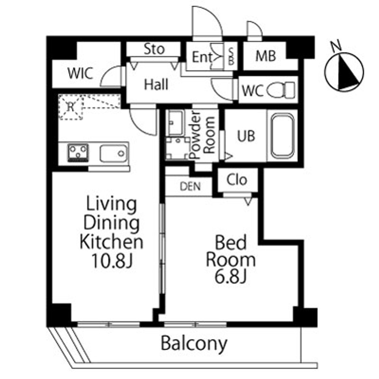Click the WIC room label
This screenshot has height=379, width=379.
coord(80,74)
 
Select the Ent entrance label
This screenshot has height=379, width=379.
coord(202,57)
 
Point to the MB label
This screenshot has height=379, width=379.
coord(266,56)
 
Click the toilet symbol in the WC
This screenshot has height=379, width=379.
coord(281,90)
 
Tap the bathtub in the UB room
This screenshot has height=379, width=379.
coord(283,136)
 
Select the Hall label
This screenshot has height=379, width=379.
coord(156,85)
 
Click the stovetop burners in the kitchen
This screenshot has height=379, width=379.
coord(78,152)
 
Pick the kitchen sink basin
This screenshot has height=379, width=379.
coord(113,153)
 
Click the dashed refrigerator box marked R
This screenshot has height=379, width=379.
coord(70,107)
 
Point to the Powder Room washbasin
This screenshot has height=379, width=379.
coord(175,122)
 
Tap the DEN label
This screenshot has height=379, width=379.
coord(190,186)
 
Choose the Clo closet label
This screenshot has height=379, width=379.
coord(237,180)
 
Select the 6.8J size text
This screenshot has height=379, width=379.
coord(230,277)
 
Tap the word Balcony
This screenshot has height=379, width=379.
coord(194,344)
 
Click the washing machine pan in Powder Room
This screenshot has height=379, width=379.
coord(178,148)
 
